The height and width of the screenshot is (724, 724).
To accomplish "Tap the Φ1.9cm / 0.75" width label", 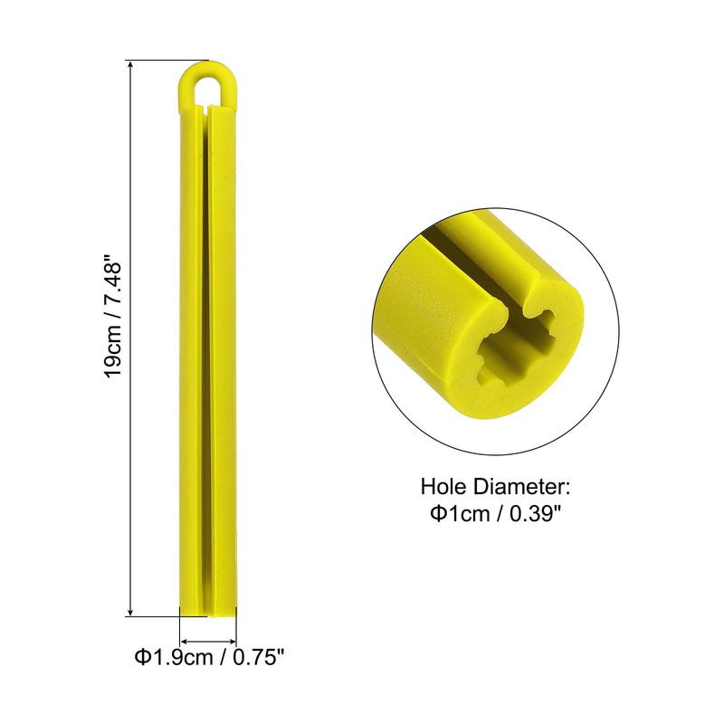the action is (209, 657).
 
